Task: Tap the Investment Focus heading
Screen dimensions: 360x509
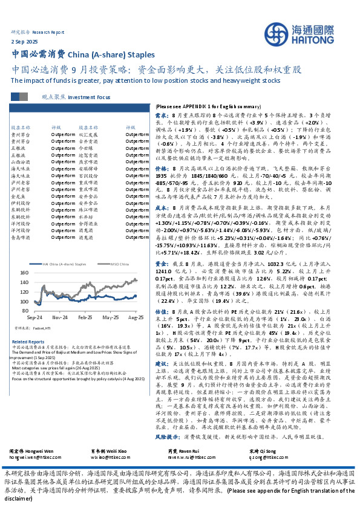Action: click(x=89, y=96)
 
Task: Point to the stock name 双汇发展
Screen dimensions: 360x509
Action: click(x=88, y=134)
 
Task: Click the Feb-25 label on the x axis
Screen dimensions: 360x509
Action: click(x=84, y=316)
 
